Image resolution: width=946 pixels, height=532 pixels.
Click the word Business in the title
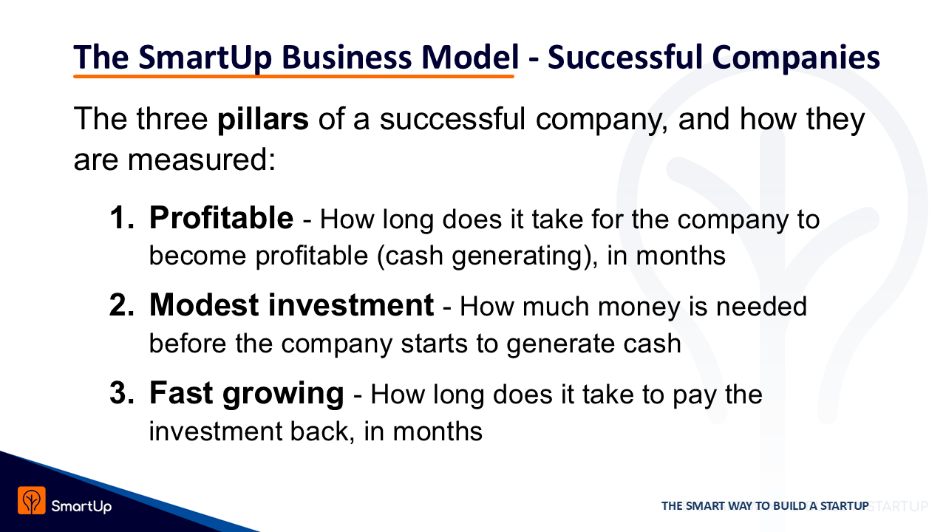point(347,57)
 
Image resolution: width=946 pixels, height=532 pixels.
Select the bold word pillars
point(262,120)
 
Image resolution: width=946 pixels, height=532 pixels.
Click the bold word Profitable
point(221,218)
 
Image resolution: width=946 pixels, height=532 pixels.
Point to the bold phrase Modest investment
point(291,305)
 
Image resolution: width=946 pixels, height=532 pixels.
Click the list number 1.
point(122,218)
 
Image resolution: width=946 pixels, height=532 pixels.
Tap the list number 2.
point(122,305)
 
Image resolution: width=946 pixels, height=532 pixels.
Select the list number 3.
point(122,392)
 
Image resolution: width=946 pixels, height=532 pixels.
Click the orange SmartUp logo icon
point(32,500)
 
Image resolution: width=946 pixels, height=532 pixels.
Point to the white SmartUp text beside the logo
point(81,506)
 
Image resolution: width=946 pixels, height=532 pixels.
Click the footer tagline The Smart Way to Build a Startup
point(765,506)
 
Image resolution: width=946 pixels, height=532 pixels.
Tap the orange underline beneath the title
point(293,76)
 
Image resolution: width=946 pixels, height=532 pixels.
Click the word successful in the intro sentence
point(452,120)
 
